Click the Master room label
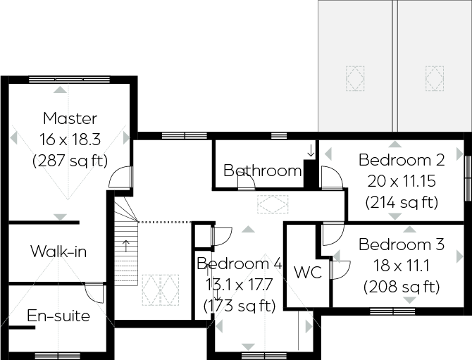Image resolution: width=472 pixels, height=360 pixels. tap(70, 118)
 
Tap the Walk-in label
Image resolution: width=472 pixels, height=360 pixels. tap(58, 252)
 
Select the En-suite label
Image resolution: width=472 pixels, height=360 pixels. tap(58, 316)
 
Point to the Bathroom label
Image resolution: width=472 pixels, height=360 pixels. tap(262, 170)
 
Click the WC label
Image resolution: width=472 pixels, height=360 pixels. tap(308, 273)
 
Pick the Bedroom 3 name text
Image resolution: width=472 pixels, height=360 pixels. tap(401, 244)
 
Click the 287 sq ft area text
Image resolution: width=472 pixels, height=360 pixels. tap(70, 161)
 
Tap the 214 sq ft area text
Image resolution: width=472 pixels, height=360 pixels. tap(401, 202)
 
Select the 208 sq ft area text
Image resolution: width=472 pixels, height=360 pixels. tap(401, 287)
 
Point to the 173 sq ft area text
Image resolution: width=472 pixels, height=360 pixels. tap(240, 306)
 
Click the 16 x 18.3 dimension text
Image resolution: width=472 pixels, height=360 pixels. tap(70, 139)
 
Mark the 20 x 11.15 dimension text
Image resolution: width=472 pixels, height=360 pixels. tap(401, 180)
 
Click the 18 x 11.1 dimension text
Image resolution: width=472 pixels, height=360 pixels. tap(401, 266)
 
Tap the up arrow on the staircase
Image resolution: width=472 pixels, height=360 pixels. tap(126, 245)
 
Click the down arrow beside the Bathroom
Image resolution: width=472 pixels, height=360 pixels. tap(310, 150)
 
